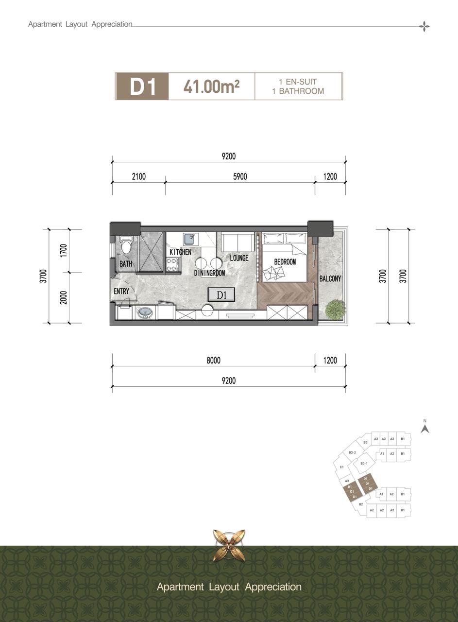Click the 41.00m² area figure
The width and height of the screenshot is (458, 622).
click(211, 86)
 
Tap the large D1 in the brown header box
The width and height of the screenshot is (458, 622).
click(143, 86)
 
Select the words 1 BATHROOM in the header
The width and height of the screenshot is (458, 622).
click(298, 91)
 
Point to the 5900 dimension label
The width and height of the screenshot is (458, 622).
click(240, 176)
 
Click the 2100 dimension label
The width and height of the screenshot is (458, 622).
click(139, 176)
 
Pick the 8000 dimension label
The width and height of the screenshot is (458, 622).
click(213, 361)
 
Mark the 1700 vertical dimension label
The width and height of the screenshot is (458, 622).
click(64, 250)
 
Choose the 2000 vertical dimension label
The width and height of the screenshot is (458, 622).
click(64, 297)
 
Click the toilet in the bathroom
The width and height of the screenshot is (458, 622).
click(126, 244)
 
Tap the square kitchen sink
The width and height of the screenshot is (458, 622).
click(190, 239)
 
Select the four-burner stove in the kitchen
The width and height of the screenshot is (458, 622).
click(172, 265)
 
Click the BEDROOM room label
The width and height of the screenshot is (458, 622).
click(285, 261)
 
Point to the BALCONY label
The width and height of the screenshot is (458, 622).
click(330, 278)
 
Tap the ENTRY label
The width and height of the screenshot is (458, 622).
click(121, 291)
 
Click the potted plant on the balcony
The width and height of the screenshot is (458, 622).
click(335, 309)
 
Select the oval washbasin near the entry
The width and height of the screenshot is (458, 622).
click(145, 313)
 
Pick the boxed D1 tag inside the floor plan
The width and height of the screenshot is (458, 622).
click(221, 295)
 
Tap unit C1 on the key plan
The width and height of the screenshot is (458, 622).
click(342, 467)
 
